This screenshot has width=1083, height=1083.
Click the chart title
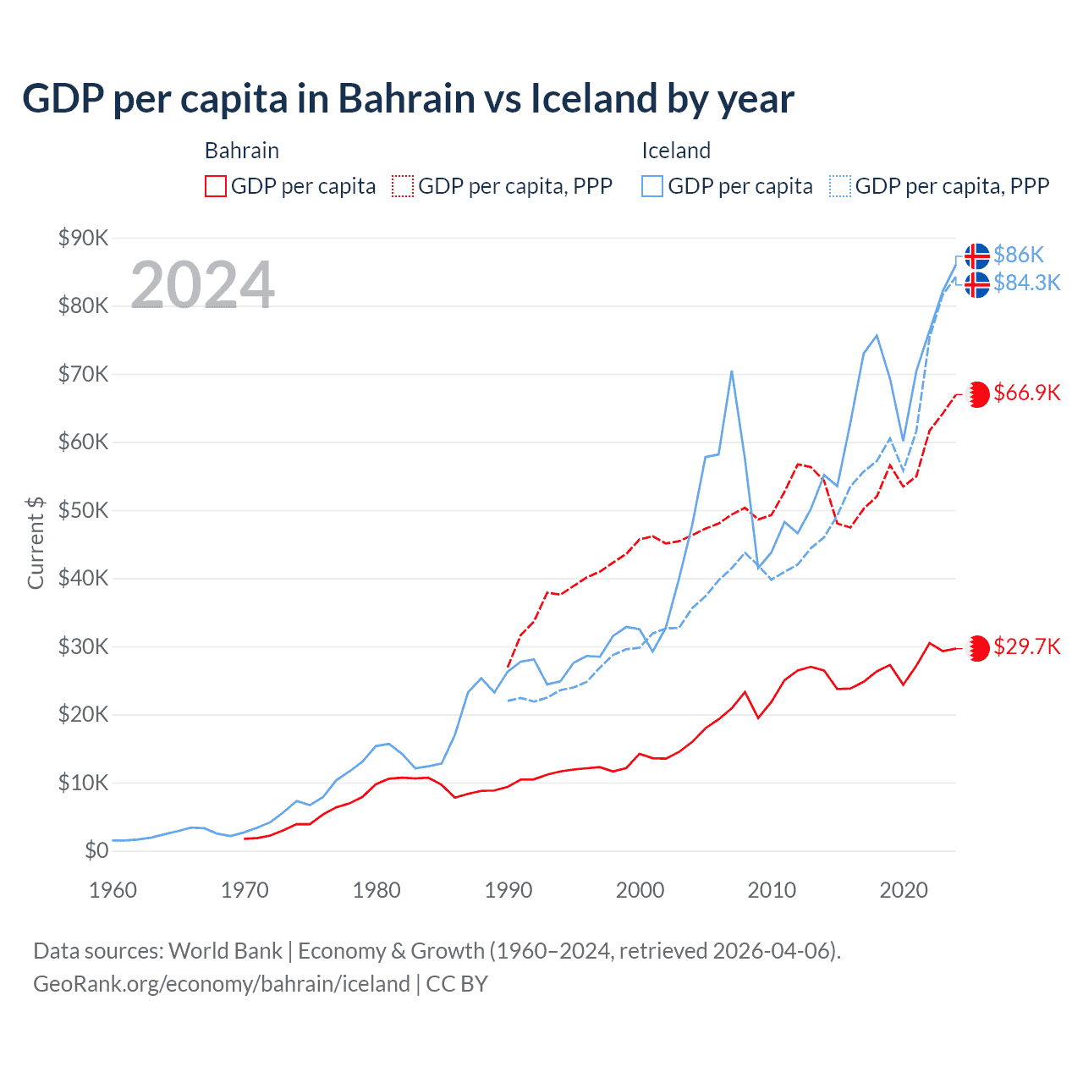tap(408, 99)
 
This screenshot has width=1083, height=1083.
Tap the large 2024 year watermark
tap(203, 285)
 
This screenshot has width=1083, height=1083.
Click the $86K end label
tap(1019, 255)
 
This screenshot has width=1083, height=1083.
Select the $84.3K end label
tap(1026, 283)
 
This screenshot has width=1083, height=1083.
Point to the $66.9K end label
tap(1026, 393)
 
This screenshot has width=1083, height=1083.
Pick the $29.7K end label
tap(1026, 647)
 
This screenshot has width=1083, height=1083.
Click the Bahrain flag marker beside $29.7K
tap(977, 648)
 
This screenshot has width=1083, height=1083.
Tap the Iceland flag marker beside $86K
tap(977, 256)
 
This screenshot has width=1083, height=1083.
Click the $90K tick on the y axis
tap(83, 238)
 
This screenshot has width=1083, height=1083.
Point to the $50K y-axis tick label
tap(83, 510)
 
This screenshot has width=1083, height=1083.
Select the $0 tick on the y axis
tap(96, 850)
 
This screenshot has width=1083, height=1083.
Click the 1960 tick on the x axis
tap(113, 890)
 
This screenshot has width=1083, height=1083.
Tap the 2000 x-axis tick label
tap(640, 890)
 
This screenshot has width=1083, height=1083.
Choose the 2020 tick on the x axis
tap(904, 890)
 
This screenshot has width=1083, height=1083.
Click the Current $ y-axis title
tap(36, 542)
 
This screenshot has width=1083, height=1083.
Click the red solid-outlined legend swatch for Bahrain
tap(216, 186)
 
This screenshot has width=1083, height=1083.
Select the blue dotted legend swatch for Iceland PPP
tap(840, 186)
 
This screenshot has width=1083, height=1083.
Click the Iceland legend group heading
tap(675, 151)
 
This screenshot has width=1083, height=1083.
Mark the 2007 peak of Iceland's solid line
tap(731, 371)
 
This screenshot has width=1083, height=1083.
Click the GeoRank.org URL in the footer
tap(222, 984)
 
